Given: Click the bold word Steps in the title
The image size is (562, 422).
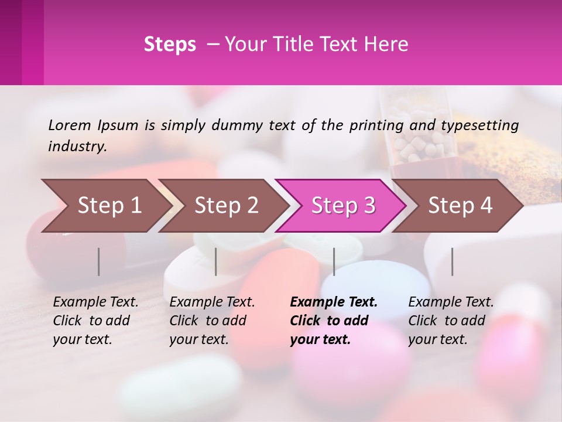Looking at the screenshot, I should [170, 45].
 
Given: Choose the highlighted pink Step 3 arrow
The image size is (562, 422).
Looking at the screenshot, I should [343, 205].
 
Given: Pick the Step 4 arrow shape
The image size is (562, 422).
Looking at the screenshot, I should [460, 205].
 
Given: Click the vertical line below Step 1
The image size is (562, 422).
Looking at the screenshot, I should [99, 261].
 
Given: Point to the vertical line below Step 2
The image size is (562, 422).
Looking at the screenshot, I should [216, 261].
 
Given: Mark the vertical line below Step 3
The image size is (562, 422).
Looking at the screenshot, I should [334, 261].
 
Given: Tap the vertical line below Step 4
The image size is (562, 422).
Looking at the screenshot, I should [452, 261].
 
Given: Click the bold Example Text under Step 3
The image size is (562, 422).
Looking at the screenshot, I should [334, 302].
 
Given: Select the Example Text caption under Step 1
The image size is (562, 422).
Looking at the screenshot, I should [95, 302].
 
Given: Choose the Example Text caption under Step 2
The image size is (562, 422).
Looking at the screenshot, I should [212, 302].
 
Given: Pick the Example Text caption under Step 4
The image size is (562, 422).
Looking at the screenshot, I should [451, 302].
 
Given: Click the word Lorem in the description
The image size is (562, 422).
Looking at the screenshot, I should [70, 125].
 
